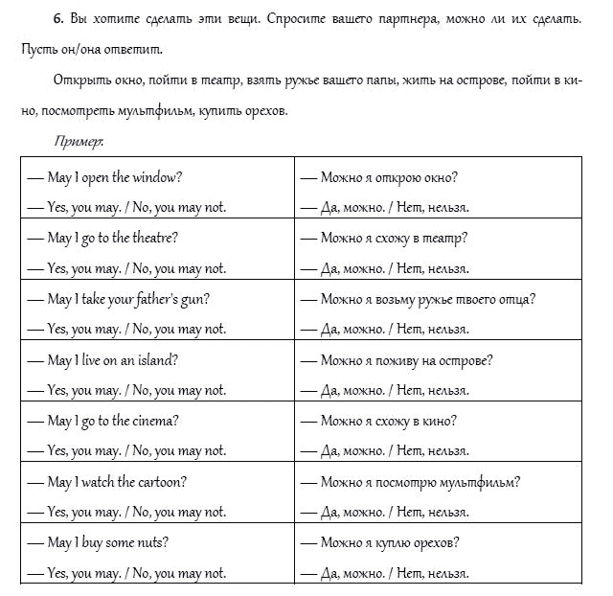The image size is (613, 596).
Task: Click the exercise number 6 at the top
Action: coord(57,18)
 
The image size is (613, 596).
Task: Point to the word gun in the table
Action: coord(198,298)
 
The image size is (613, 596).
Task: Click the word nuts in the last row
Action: coord(153,542)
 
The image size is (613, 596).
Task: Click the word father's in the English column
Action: coord(150,298)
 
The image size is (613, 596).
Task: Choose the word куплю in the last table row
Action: coord(395,542)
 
